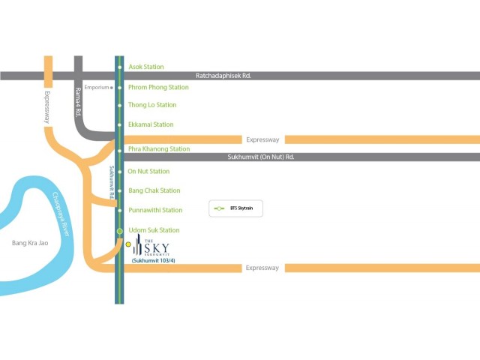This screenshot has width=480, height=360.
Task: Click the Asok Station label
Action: [146, 67]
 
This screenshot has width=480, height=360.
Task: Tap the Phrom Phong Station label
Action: [158, 87]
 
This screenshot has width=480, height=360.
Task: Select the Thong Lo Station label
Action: [152, 105]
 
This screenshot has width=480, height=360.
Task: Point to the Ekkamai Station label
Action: [151, 124]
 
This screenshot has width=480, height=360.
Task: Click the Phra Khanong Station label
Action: [159, 148]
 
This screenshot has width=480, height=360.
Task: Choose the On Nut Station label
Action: [148, 171]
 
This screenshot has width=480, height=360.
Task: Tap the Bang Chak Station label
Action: [154, 190]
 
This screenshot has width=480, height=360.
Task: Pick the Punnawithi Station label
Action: [155, 210]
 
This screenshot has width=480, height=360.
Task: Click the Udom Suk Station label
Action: [154, 230]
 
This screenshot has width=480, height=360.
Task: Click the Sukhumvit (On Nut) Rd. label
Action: [260, 157]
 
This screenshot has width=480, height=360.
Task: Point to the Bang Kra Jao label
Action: [31, 243]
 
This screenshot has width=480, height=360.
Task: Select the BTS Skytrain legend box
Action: [235, 208]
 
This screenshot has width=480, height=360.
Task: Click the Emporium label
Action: [97, 88]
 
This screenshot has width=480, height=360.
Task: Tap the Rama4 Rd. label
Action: [77, 102]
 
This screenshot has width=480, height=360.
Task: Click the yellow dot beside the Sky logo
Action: [128, 244]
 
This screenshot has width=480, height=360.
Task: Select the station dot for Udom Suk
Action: [119, 230]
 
